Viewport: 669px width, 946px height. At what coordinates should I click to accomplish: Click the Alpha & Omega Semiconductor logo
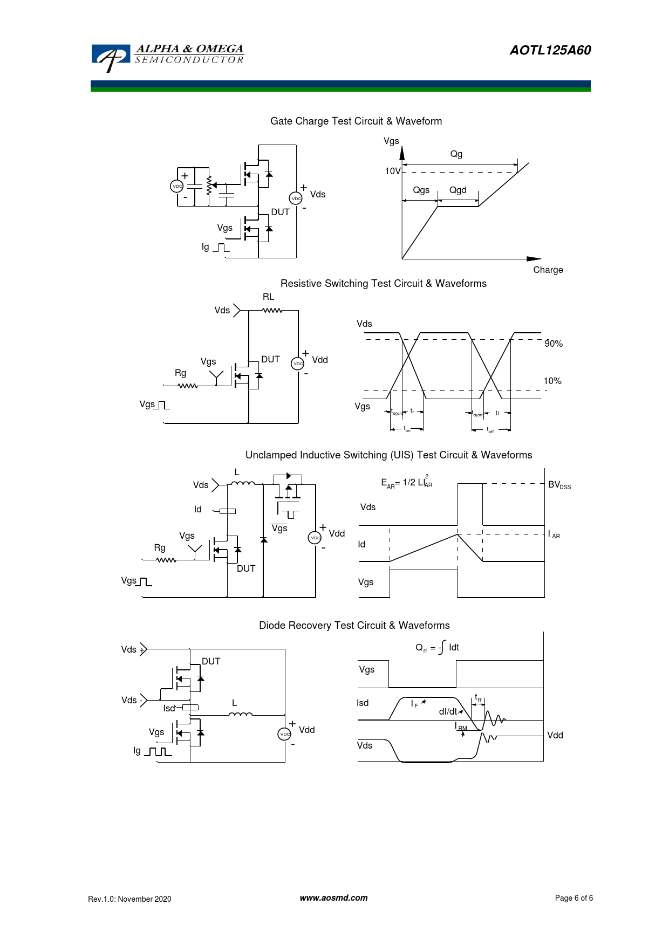(x=167, y=57)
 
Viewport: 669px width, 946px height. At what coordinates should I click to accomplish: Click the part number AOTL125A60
(x=550, y=50)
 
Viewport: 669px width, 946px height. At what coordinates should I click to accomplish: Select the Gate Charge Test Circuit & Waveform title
(x=356, y=121)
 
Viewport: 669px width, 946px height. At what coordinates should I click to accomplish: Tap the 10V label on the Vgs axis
(x=392, y=172)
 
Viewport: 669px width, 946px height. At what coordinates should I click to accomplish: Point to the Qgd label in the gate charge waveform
(x=458, y=190)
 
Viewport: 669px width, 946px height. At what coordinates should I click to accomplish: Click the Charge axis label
(x=548, y=270)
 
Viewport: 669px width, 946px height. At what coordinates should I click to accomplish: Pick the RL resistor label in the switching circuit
(x=268, y=297)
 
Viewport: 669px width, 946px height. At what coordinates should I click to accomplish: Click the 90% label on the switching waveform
(x=554, y=344)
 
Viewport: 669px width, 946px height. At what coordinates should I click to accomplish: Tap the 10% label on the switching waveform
(x=552, y=381)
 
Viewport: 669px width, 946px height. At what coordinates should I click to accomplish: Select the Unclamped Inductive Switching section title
(x=388, y=455)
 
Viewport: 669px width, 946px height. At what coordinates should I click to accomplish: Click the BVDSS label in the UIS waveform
(x=559, y=485)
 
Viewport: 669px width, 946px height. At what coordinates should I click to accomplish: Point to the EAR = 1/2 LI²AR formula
(x=407, y=482)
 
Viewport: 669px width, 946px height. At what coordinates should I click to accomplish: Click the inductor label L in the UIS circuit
(x=237, y=472)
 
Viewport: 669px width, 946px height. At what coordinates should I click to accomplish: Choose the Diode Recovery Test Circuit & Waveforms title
(x=354, y=626)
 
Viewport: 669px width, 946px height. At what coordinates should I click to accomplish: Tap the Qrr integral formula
(x=437, y=648)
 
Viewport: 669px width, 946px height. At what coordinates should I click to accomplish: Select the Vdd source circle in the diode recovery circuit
(x=284, y=734)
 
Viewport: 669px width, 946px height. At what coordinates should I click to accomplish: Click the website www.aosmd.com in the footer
(x=333, y=898)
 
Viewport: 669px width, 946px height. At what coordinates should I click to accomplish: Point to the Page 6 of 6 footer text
(x=574, y=898)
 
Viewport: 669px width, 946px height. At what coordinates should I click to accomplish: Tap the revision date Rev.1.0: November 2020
(x=129, y=899)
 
